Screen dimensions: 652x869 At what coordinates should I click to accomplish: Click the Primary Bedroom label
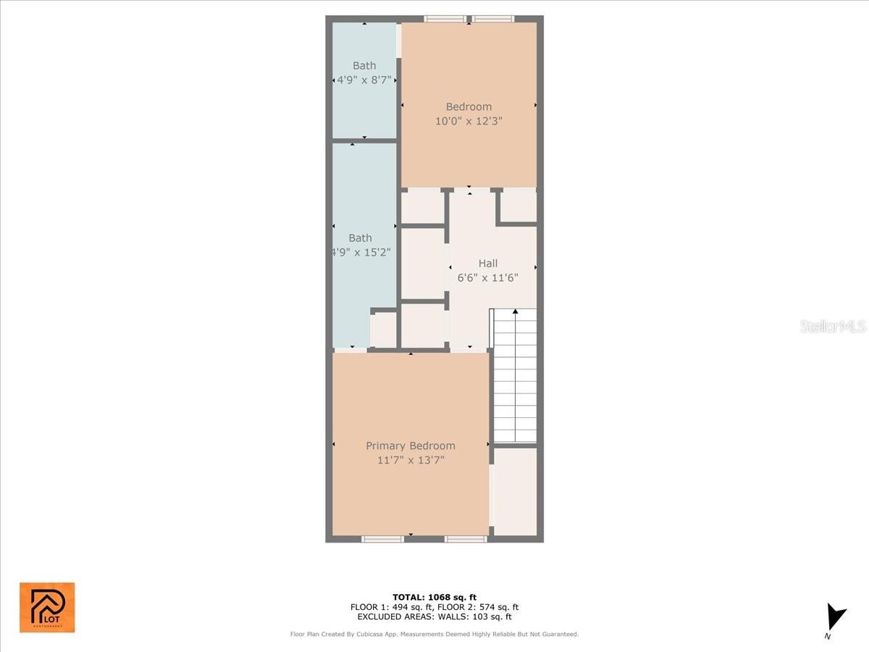pos(411,446)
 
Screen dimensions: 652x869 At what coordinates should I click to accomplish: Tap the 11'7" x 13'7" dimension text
pos(411,460)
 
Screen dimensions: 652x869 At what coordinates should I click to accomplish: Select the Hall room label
pos(488,264)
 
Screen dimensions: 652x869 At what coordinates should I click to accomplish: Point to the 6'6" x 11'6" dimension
pos(488,277)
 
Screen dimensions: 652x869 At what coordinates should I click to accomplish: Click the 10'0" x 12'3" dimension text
pos(469,121)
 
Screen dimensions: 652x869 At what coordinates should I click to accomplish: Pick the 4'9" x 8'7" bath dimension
pos(364,80)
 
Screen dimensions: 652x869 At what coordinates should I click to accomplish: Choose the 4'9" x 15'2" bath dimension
pos(361,252)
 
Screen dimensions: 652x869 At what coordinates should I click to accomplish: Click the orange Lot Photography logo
pos(47,607)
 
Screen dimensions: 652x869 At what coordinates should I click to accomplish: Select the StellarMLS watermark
pos(833,327)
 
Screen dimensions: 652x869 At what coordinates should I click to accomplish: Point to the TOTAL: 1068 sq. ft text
pos(434,597)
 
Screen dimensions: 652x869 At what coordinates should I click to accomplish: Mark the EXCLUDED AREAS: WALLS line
pos(434,617)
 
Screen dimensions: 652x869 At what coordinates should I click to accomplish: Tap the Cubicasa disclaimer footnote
pos(434,635)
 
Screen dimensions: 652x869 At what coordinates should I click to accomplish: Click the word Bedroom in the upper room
pos(469,107)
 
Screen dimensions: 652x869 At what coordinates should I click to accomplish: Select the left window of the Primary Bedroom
pos(382,539)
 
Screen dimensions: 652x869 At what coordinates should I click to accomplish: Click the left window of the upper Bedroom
pos(445,19)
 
